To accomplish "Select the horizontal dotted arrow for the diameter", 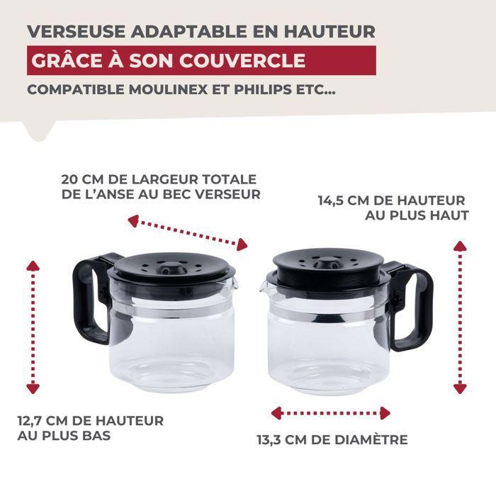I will click(331, 413).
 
